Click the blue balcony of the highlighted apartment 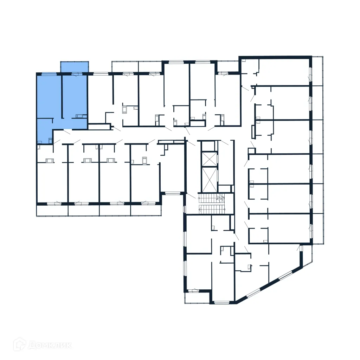(74, 67)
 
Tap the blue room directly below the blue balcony (75, 95)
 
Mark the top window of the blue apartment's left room (49, 74)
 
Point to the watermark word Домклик (49, 345)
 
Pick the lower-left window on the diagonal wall (253, 292)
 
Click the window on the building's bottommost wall (222, 302)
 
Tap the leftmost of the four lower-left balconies (52, 210)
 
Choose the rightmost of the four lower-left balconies (146, 210)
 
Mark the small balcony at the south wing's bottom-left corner (197, 297)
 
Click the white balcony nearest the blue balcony (125, 66)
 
